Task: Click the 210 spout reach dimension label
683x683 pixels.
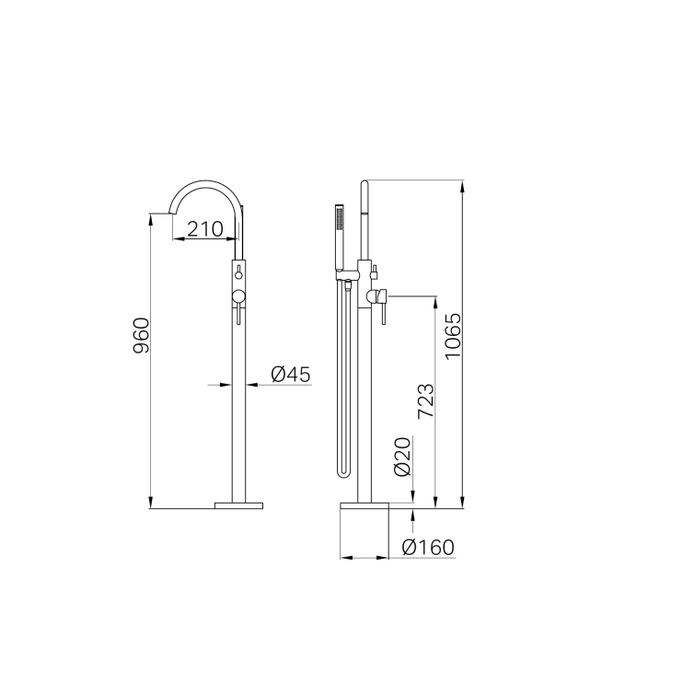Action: point(205,228)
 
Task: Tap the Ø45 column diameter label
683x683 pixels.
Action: point(291,374)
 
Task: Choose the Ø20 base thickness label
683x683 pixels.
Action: point(401,457)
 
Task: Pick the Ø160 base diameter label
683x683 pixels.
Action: point(428,548)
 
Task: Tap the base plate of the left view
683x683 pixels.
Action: point(238,504)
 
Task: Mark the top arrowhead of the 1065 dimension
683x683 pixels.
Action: point(462,185)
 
